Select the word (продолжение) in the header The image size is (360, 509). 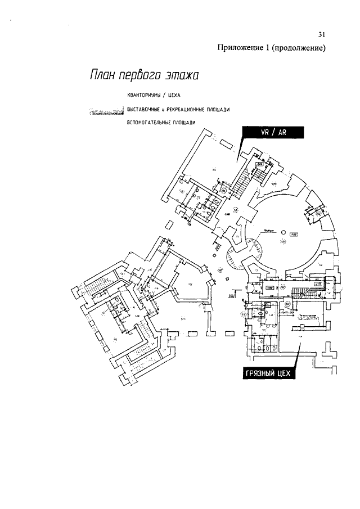pyautogui.click(x=299, y=48)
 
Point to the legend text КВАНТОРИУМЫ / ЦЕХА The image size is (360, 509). pyautogui.click(x=154, y=95)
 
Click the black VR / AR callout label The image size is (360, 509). pyautogui.click(x=272, y=133)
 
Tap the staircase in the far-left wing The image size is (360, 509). pyautogui.click(x=97, y=292)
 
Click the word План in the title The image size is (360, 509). pyautogui.click(x=101, y=75)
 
